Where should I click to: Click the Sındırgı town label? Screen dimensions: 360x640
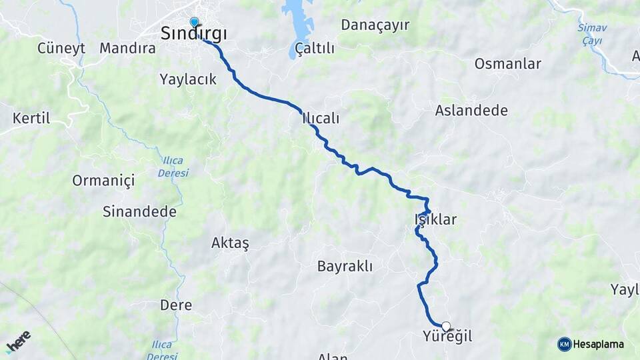click(x=194, y=34)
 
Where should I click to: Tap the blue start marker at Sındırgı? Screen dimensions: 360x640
click(x=194, y=22)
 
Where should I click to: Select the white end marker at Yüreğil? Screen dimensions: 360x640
click(x=446, y=326)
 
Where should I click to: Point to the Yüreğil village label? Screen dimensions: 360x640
click(x=447, y=337)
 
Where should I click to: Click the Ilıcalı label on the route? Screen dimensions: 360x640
click(x=321, y=119)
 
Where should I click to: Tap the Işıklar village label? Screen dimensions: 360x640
click(x=435, y=219)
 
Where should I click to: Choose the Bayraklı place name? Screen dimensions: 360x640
click(x=345, y=266)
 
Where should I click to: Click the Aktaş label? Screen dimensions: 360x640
click(x=230, y=243)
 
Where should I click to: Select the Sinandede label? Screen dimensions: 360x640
click(x=139, y=212)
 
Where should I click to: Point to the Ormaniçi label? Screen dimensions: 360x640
click(x=103, y=180)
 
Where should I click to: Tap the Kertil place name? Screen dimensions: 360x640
click(x=31, y=119)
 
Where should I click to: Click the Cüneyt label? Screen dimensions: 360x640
click(x=61, y=48)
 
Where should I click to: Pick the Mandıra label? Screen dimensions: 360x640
click(x=127, y=48)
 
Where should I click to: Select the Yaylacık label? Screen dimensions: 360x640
click(x=188, y=79)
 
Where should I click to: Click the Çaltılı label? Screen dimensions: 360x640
click(x=315, y=48)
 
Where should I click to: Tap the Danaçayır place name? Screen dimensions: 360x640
click(x=375, y=25)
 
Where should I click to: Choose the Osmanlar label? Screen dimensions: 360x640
click(x=508, y=64)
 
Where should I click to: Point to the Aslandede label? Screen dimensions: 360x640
click(x=471, y=111)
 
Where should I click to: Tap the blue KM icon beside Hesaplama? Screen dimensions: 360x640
click(x=564, y=344)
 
